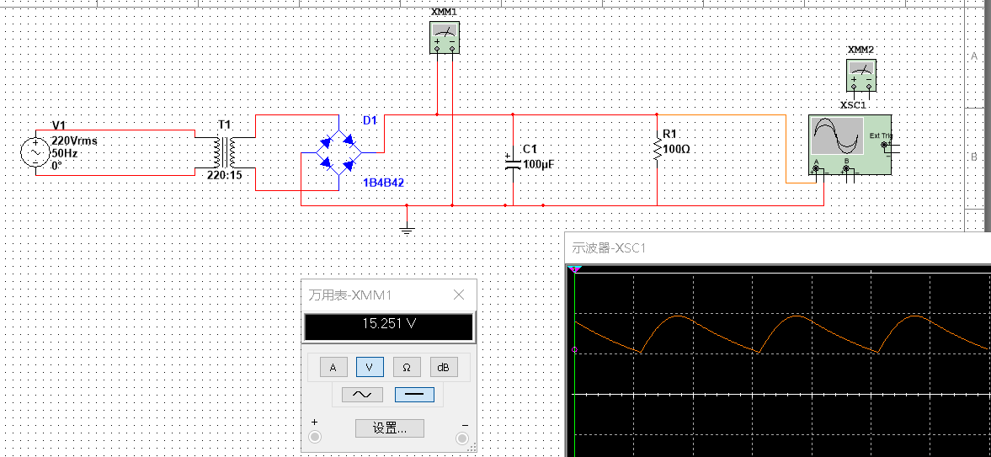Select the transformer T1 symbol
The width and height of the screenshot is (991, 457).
pyautogui.click(x=225, y=152)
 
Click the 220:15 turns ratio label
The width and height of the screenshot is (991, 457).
pyautogui.click(x=225, y=175)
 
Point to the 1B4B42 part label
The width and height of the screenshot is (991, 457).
pyautogui.click(x=384, y=183)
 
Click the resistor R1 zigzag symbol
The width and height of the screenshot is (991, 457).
pyautogui.click(x=658, y=150)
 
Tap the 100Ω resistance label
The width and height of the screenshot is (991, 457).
pyautogui.click(x=678, y=150)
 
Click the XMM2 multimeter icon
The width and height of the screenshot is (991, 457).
pyautogui.click(x=861, y=75)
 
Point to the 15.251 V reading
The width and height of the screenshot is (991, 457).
pyautogui.click(x=389, y=324)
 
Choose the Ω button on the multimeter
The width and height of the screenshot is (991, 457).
pyautogui.click(x=407, y=367)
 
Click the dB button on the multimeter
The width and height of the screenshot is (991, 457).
pyautogui.click(x=444, y=367)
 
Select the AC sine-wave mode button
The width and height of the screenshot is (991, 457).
pyautogui.click(x=362, y=395)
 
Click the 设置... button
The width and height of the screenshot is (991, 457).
pyautogui.click(x=389, y=428)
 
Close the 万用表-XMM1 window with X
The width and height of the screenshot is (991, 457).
pyautogui.click(x=460, y=295)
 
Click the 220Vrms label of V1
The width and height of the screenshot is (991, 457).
pyautogui.click(x=75, y=141)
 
